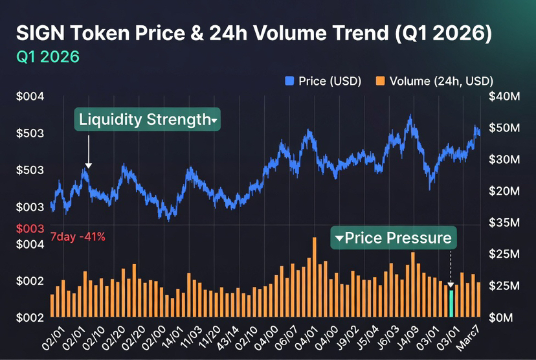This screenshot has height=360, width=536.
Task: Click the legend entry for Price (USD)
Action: coord(323,81)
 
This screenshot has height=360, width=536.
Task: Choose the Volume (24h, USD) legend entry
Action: coord(434,81)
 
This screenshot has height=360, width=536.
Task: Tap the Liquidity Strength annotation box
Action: coord(147,120)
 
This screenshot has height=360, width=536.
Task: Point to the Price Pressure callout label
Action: coord(394,238)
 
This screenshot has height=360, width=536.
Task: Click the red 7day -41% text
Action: coord(77,237)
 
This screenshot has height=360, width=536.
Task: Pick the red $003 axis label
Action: coord(28,229)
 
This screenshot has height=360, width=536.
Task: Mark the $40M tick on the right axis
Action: coord(504,97)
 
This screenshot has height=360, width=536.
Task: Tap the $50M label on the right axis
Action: coord(504,128)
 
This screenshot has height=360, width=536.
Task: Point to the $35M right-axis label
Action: coord(504,223)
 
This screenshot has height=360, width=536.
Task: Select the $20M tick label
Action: coord(504,192)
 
